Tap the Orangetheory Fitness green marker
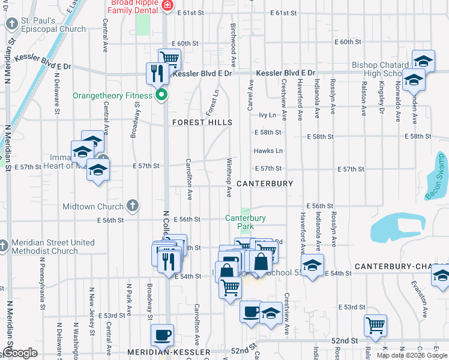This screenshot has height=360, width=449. coord(161,95)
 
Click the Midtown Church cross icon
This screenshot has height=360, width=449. coord(133,206)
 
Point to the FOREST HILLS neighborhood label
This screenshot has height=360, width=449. coord(202,122)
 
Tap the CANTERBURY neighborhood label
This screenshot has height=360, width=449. coord(264,184)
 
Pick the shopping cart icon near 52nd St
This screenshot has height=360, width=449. coord(376,325)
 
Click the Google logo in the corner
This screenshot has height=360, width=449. coord(20,353)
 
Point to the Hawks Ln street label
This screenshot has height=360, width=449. coord(268,151)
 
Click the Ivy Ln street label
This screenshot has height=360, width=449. coord(267,115)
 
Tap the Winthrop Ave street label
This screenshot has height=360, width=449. coord(229,178)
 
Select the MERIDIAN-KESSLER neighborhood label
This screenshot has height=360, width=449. coord(169,352)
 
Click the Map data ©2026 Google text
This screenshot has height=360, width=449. coord(411,355)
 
